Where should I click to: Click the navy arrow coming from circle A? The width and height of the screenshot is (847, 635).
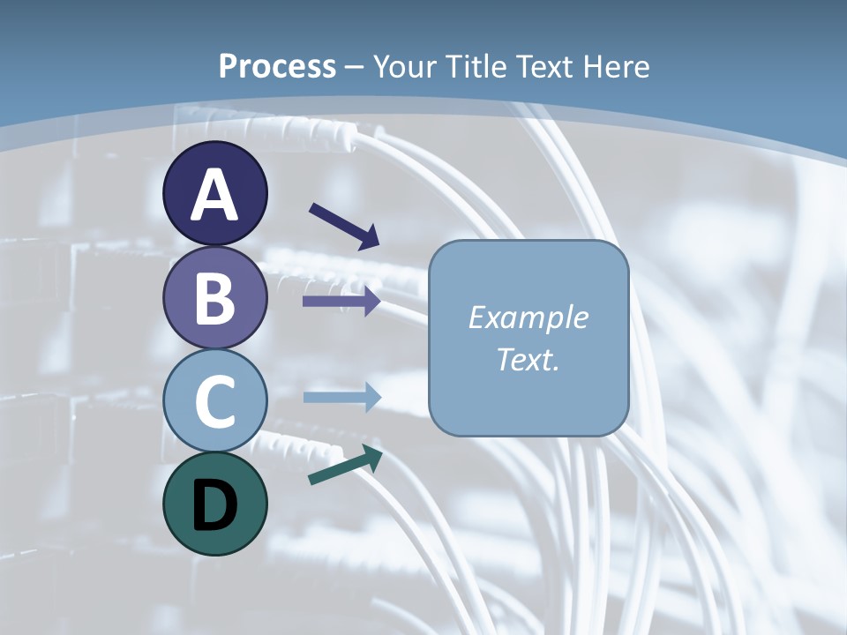(344, 226)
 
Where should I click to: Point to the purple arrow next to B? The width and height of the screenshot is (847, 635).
(341, 302)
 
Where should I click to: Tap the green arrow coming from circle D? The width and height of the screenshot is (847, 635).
(345, 465)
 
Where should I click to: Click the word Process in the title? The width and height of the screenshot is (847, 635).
(277, 67)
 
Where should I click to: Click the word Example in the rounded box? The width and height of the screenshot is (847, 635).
(528, 317)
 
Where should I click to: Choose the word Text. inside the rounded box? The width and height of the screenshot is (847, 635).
(528, 360)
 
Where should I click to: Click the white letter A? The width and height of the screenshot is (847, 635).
(214, 196)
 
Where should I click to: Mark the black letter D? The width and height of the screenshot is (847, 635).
(214, 505)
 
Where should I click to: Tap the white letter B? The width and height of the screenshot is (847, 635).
(214, 298)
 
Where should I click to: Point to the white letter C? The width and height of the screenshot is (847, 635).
(214, 401)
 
